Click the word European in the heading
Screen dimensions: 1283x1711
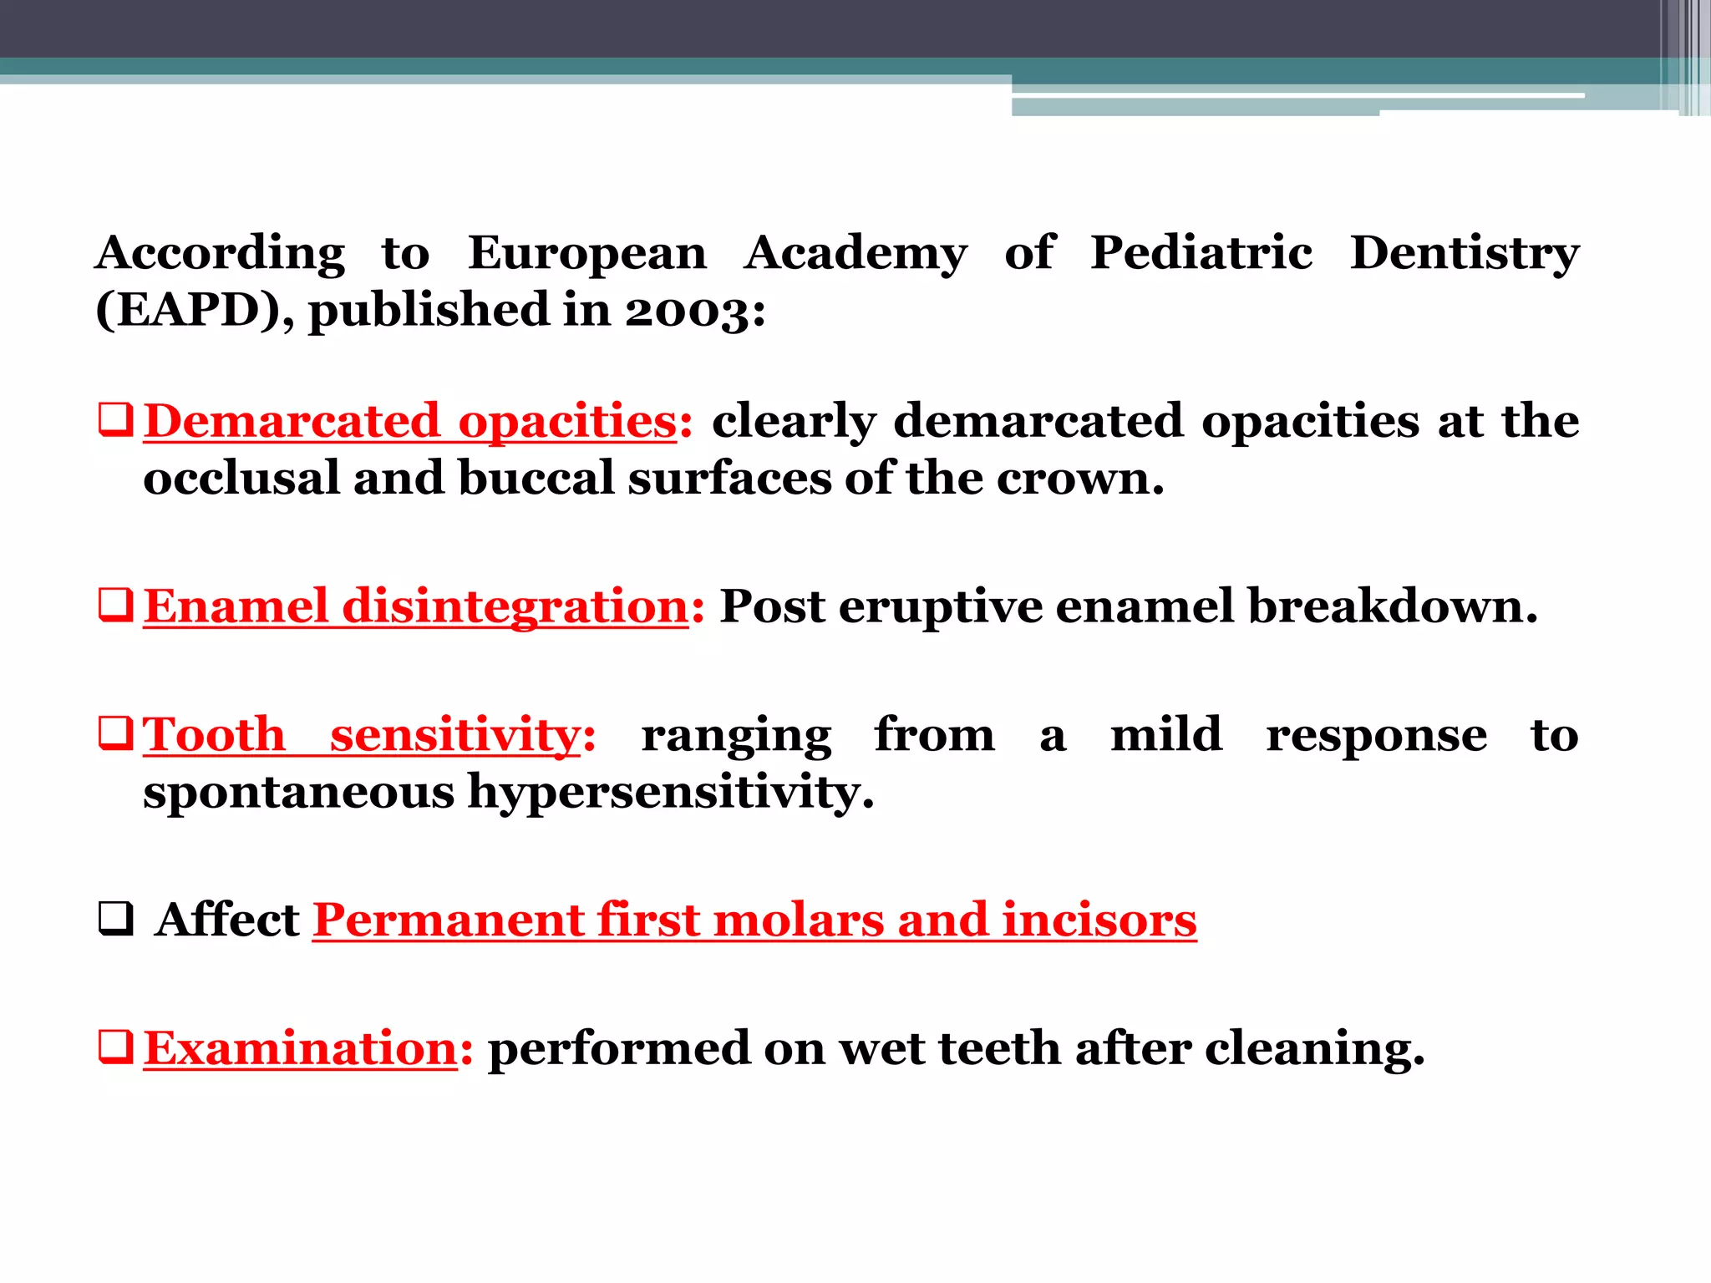point(586,253)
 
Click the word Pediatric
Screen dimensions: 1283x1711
point(1201,253)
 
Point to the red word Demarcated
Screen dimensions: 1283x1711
point(292,420)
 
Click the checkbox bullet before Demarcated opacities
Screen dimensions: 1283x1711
point(115,420)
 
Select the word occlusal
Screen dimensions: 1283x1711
point(241,479)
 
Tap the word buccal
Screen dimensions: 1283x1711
point(536,479)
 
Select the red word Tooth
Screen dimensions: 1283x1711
point(215,735)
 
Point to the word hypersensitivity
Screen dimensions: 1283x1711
point(670,792)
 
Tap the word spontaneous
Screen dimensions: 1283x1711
point(298,792)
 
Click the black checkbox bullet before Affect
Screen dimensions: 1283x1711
point(115,920)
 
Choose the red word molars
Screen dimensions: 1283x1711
point(798,920)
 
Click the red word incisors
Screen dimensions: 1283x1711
point(1099,920)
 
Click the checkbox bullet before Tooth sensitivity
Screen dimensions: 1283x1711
point(115,735)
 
